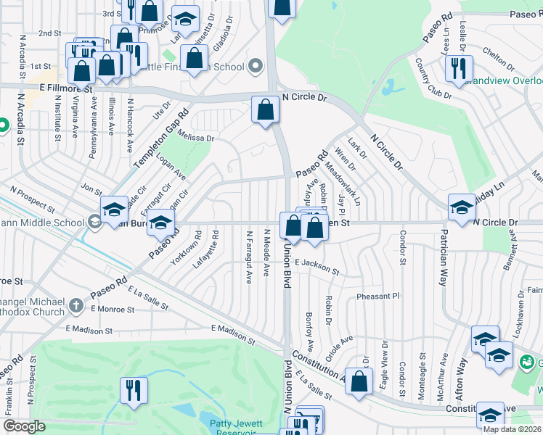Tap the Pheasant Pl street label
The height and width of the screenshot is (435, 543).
(377, 297)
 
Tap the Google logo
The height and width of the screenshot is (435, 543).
(24, 426)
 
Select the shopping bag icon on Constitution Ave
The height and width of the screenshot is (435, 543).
(359, 383)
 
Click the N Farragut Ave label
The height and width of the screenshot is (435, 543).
(249, 257)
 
